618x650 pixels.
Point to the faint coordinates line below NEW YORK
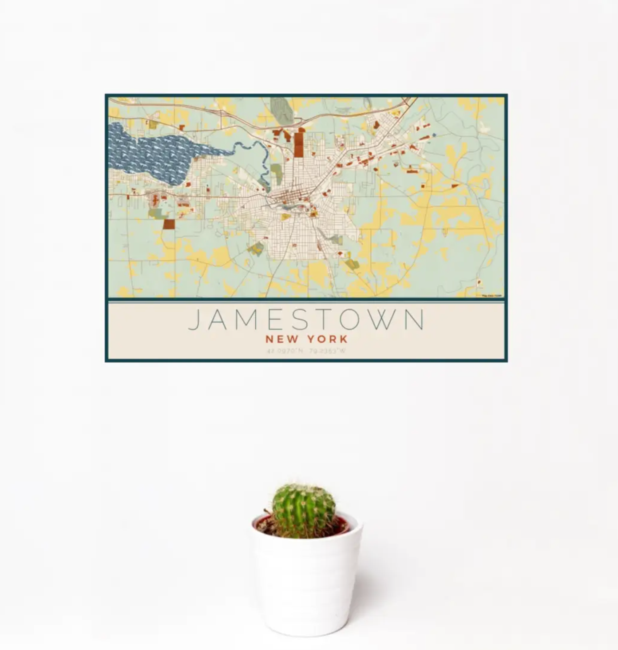click(x=306, y=351)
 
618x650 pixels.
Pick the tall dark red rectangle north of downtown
click(x=299, y=143)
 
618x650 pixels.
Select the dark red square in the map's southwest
click(x=168, y=224)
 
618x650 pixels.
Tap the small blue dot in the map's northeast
click(x=434, y=135)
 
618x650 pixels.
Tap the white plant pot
click(x=307, y=586)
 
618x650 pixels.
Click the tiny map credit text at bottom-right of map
click(x=492, y=296)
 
